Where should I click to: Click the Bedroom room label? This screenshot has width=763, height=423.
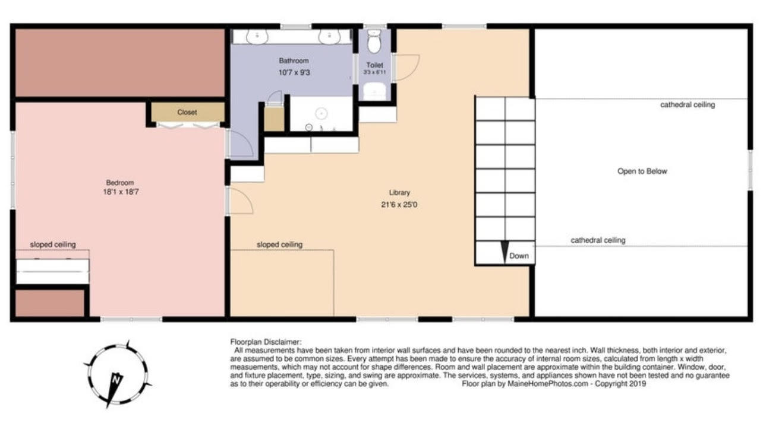(120, 183)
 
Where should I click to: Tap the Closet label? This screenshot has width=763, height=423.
(187, 112)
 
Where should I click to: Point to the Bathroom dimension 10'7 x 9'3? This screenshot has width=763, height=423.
(294, 72)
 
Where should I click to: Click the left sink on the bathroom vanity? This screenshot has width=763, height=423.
(256, 37)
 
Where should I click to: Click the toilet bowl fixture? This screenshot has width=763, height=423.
(374, 43)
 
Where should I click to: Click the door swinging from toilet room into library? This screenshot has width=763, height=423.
(406, 67)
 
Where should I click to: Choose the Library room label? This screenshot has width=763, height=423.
(399, 193)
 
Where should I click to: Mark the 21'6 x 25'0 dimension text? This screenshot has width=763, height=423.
(399, 205)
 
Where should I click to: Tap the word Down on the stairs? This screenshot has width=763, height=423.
(519, 257)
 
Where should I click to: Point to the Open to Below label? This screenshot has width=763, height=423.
(642, 171)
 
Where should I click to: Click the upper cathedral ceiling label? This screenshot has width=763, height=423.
(687, 105)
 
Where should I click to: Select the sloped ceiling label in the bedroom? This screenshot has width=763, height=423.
(53, 244)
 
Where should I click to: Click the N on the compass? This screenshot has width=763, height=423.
(116, 378)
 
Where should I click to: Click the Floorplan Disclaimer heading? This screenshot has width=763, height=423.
(266, 342)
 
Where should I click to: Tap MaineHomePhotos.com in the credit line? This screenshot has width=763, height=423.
(541, 384)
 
